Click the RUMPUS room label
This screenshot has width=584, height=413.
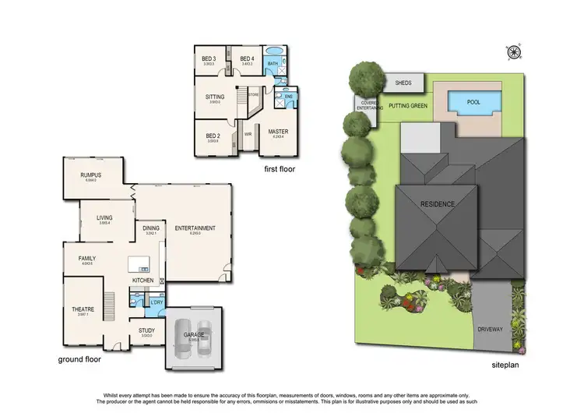pos(90,175)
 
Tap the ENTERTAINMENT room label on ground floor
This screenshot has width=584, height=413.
pos(195,228)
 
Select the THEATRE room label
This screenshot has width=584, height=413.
pos(83,309)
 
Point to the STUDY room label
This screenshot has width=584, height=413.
pos(146,330)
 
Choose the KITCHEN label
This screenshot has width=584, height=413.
pos(142,280)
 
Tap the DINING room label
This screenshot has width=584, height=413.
pos(150,229)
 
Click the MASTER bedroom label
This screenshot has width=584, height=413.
pos(278,132)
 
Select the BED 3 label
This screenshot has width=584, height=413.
pos(209,59)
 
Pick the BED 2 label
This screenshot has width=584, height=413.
pos(213,135)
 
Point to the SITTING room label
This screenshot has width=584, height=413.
pos(215,97)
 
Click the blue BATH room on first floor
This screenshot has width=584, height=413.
pos(273,64)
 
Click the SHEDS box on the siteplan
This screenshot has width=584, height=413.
pos(403,82)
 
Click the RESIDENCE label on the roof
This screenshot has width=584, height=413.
pos(438,204)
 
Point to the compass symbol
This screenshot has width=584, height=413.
pos(512,52)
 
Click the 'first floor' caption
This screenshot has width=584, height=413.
pos(279,168)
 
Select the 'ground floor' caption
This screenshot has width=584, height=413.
pos(79,360)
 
